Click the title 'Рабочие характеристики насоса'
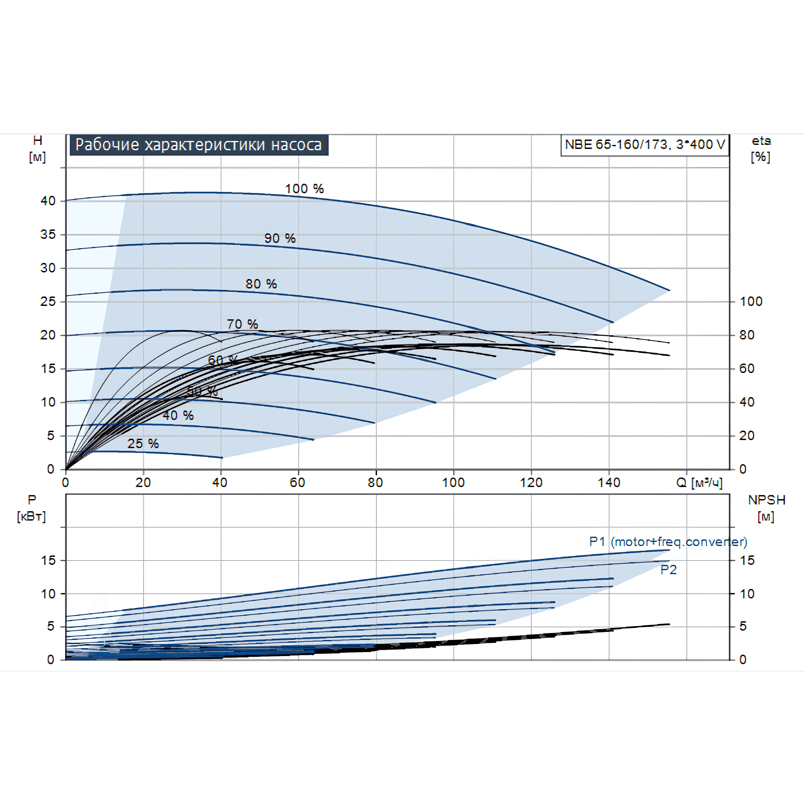tap(199, 145)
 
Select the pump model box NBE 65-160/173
tap(645, 145)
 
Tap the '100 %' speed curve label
tap(304, 189)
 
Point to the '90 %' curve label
tap(280, 238)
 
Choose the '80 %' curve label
tap(261, 284)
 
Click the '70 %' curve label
tap(242, 324)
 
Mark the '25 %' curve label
tap(143, 443)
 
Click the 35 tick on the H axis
tap(48, 234)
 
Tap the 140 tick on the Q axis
tap(609, 483)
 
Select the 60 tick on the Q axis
tap(298, 483)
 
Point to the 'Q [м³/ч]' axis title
tap(699, 483)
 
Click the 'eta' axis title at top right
tap(761, 141)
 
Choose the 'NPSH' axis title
tap(767, 500)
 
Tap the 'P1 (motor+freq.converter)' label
tap(668, 542)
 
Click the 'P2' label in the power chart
tap(668, 570)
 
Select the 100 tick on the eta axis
tap(751, 301)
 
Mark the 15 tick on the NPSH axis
tap(747, 560)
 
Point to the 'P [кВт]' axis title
tap(32, 508)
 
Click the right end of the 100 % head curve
tap(669, 290)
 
